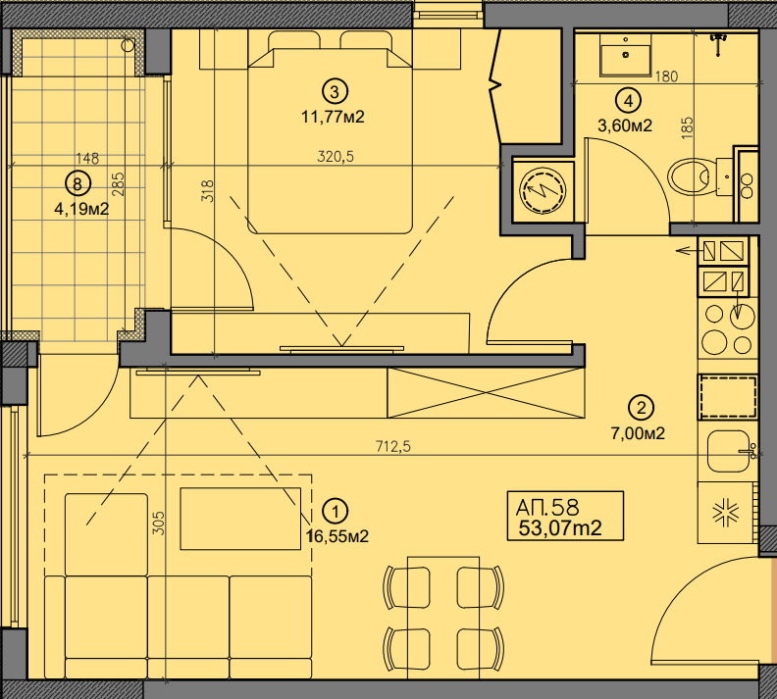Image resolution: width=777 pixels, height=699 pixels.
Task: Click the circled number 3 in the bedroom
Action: (335, 91)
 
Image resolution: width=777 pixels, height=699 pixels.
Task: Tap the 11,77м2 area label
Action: (333, 117)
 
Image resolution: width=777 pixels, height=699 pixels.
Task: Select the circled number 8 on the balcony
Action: (78, 184)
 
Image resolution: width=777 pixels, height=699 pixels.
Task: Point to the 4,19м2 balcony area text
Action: (81, 209)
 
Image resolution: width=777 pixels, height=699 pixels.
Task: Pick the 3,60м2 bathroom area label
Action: (624, 125)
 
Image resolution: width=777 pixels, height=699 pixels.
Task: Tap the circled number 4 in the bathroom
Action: (628, 101)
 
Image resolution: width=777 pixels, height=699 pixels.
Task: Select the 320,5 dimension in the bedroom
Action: (336, 157)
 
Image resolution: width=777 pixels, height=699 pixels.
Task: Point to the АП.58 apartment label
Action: (547, 507)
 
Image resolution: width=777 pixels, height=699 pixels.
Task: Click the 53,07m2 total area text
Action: (560, 528)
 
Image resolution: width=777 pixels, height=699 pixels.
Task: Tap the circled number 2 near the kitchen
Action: (642, 409)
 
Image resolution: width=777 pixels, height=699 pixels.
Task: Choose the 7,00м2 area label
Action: (638, 433)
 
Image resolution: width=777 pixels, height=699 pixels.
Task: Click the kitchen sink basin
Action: (728, 451)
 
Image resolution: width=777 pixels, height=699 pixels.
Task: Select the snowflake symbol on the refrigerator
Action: (725, 514)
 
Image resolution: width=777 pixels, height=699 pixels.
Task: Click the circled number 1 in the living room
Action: (336, 511)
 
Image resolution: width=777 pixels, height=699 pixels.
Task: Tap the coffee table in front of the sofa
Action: (240, 519)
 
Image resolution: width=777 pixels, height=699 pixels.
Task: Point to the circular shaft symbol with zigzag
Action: (543, 190)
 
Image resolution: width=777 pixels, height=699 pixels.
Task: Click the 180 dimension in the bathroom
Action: (666, 76)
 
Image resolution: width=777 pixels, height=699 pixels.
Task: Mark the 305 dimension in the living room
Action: (158, 523)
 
